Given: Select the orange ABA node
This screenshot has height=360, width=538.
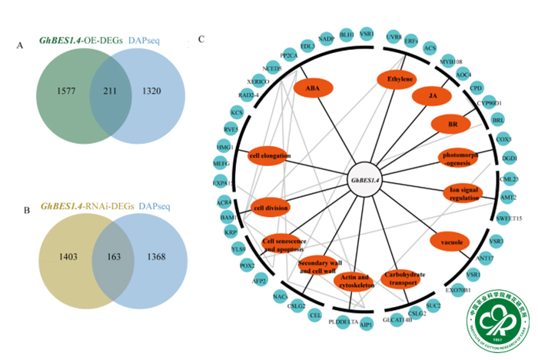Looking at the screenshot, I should tap(313, 88).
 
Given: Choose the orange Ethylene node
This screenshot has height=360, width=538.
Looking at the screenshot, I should tap(400, 78).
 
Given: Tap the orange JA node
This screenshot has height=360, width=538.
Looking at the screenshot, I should tap(431, 96).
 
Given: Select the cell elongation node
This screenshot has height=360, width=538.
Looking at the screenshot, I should tap(271, 156).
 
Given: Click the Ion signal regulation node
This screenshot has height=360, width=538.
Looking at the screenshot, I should tap(465, 192).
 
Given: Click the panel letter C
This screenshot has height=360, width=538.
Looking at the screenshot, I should tap(201, 38).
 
